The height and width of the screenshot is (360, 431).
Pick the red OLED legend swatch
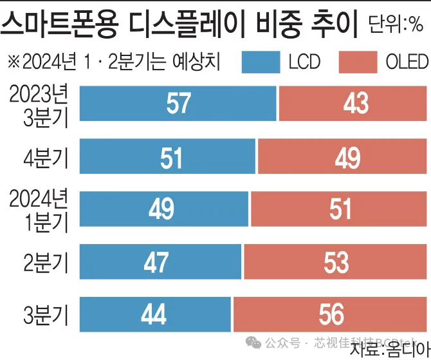pyautogui.click(x=356, y=62)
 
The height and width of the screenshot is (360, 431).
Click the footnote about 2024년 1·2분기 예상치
pyautogui.click(x=113, y=62)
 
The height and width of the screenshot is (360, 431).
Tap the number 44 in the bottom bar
pyautogui.click(x=153, y=315)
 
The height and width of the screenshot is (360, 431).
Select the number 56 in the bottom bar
pyautogui.click(x=331, y=315)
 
